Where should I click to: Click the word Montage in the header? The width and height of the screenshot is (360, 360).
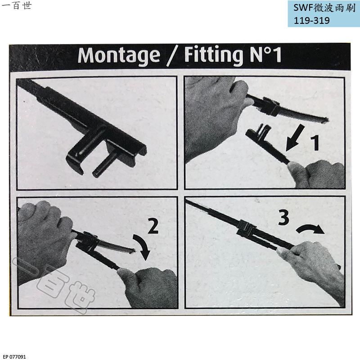click(x=119, y=55)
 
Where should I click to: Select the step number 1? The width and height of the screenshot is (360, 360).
click(x=316, y=143)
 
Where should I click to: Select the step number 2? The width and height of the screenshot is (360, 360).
click(x=153, y=226)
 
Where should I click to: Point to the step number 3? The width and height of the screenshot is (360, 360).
click(x=283, y=218)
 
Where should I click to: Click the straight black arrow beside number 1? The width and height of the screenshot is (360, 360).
click(x=295, y=138)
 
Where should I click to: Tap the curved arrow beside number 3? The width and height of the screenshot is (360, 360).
click(x=310, y=229)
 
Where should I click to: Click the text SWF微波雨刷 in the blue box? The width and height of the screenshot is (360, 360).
click(x=324, y=8)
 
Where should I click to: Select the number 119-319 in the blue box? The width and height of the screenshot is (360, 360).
click(x=312, y=21)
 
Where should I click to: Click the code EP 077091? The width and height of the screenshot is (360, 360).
click(x=15, y=356)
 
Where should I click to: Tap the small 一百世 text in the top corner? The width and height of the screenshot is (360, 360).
click(x=17, y=5)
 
